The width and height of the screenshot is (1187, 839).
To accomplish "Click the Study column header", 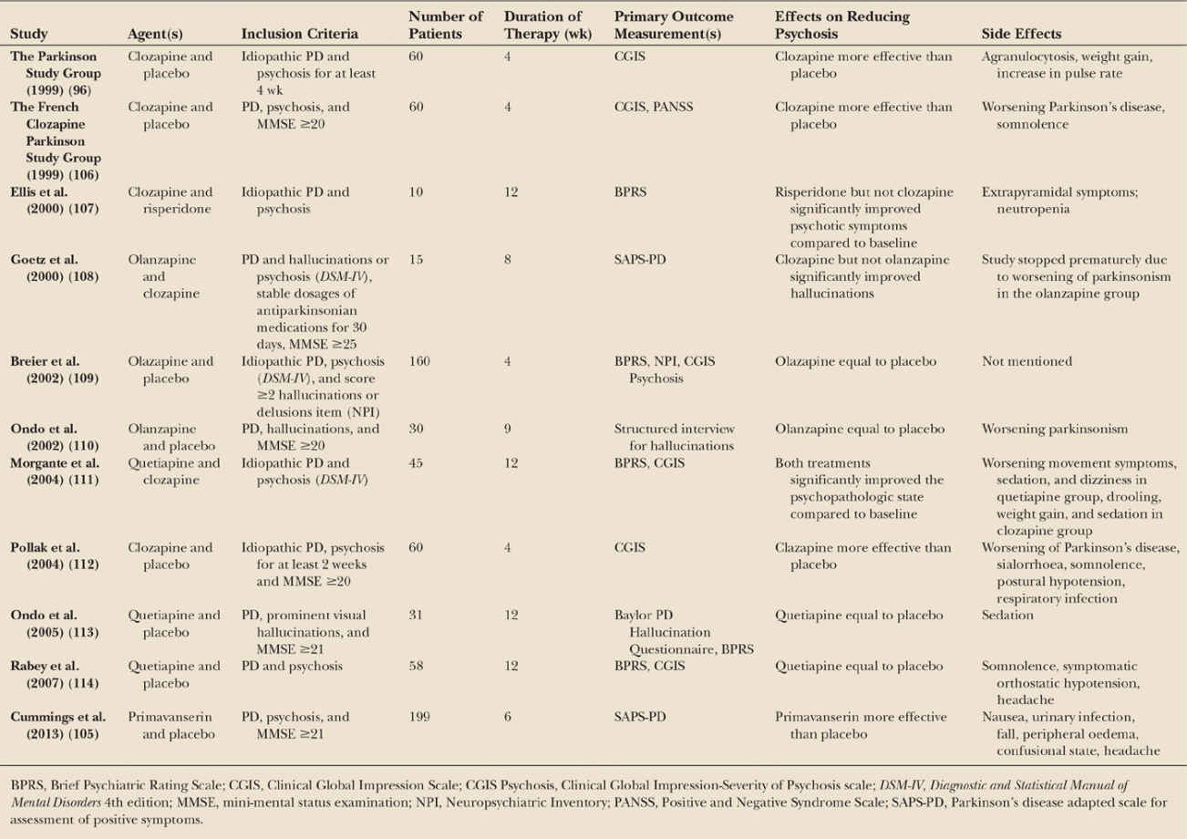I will click(29, 35).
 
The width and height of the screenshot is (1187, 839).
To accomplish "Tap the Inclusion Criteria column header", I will click(299, 35).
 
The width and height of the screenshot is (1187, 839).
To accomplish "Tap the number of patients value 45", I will click(416, 463).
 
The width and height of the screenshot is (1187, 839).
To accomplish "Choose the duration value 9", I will click(508, 430).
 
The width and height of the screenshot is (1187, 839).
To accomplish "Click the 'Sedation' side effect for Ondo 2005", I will click(1009, 616).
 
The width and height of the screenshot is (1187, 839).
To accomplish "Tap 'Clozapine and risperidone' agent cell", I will click(171, 200).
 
